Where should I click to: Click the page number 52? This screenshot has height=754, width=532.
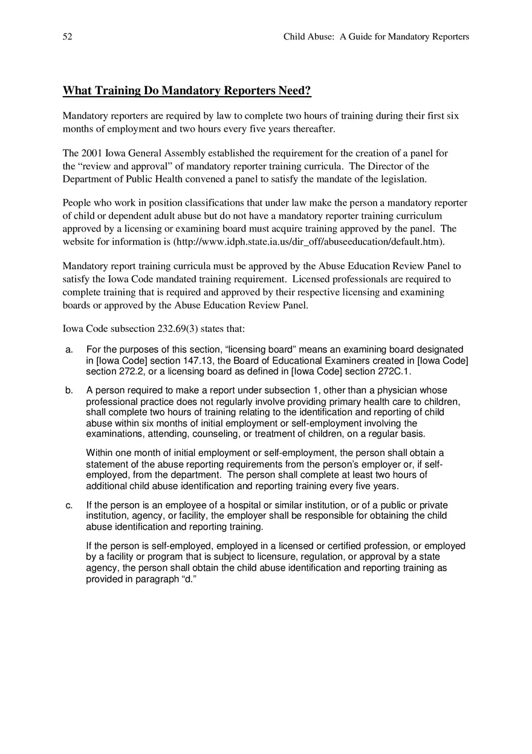pyautogui.click(x=67, y=37)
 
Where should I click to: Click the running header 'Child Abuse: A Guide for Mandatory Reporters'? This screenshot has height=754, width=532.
pyautogui.click(x=376, y=37)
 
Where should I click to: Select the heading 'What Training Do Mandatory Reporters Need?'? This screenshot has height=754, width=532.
pyautogui.click(x=187, y=91)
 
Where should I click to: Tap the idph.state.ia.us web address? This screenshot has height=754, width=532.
pyautogui.click(x=308, y=242)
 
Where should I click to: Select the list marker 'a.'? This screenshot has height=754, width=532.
pyautogui.click(x=70, y=349)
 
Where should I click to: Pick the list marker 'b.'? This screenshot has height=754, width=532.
pyautogui.click(x=70, y=391)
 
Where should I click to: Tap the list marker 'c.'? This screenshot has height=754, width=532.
pyautogui.click(x=70, y=505)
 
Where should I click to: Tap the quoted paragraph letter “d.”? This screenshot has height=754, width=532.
pyautogui.click(x=187, y=579)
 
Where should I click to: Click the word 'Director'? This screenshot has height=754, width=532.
pyautogui.click(x=384, y=166)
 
